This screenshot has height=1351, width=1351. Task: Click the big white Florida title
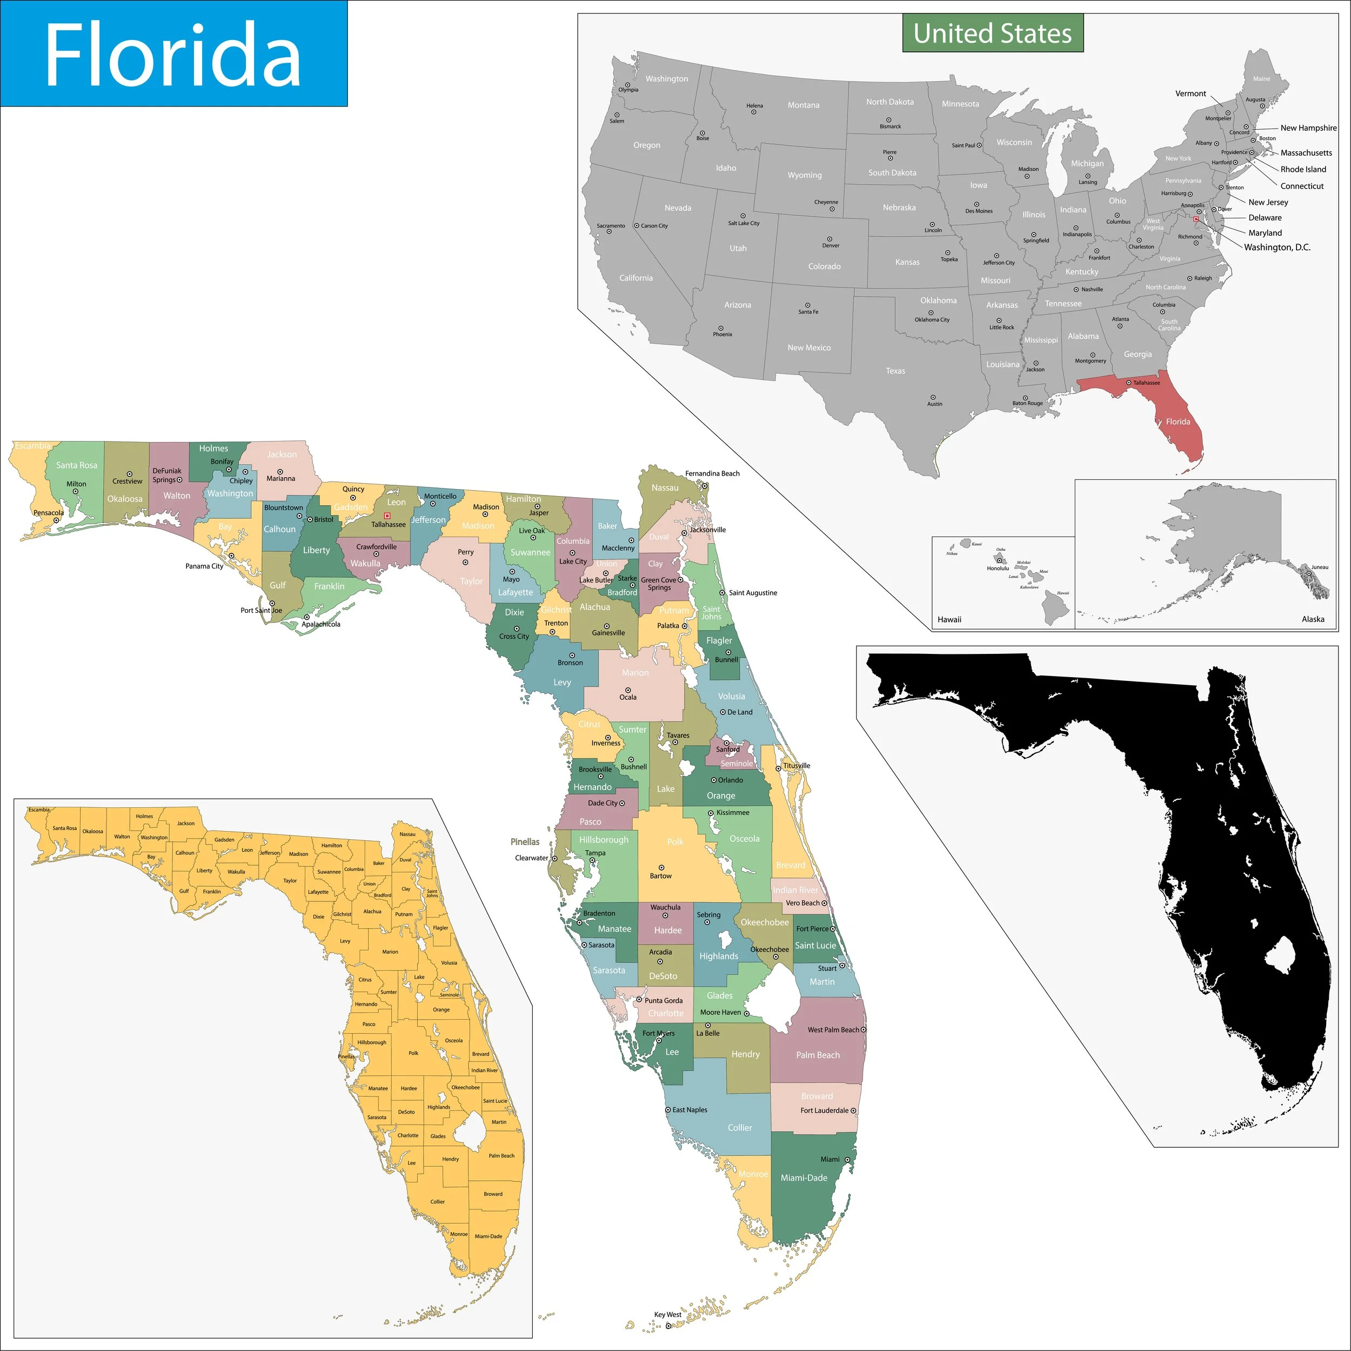(x=173, y=55)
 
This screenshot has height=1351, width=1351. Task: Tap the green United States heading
(x=992, y=33)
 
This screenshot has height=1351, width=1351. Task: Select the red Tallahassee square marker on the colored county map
(x=387, y=516)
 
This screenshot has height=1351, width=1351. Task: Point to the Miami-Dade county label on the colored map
(x=804, y=1178)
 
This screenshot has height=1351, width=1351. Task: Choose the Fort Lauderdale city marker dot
(x=853, y=1111)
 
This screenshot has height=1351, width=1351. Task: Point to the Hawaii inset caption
(x=949, y=619)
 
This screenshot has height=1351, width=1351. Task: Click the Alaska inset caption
(x=1313, y=619)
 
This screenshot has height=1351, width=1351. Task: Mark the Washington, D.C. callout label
(x=1277, y=247)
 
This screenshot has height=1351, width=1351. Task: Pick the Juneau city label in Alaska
(x=1320, y=567)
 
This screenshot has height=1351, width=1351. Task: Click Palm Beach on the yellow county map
(x=501, y=1156)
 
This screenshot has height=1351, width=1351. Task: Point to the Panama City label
(x=204, y=566)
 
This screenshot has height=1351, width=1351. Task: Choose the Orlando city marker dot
(x=714, y=780)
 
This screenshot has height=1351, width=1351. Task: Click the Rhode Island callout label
(x=1303, y=169)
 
